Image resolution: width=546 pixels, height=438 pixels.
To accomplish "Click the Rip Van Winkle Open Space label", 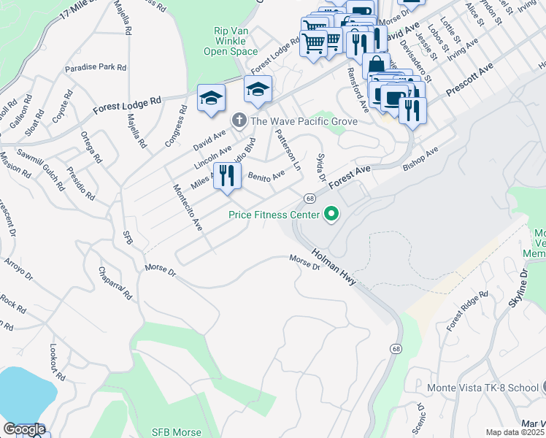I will point(231,42).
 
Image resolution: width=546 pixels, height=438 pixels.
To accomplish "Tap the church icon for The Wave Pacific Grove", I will point(238,120).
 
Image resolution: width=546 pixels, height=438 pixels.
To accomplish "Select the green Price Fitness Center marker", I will point(331,215).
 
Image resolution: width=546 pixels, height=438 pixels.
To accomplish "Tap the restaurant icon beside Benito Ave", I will point(227,175).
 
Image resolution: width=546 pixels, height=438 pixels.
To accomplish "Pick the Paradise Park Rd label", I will point(96,67).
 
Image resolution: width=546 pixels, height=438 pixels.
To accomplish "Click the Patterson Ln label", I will point(287,150).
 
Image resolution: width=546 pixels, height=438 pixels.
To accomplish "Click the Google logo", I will point(23,430).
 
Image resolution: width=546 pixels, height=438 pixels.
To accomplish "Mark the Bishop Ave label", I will point(420,161).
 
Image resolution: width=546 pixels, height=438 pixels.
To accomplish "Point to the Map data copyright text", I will point(515,432).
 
